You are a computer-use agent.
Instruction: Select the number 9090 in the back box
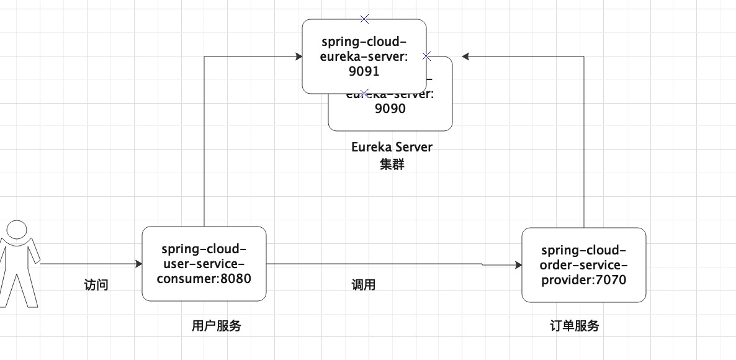point(390,109)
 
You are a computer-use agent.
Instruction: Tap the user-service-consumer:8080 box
point(204,264)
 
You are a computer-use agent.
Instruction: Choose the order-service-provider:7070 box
point(583,265)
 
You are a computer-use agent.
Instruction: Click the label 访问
point(96,285)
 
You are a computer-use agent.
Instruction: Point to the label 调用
point(364,285)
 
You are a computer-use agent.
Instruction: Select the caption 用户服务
point(216,326)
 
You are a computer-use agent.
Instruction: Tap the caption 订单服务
point(575,326)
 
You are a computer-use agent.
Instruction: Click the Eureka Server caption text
point(391,147)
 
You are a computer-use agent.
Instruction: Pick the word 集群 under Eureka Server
point(391,165)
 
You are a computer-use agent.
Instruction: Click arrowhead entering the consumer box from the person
point(138,264)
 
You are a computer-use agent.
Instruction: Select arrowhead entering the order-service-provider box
point(518,265)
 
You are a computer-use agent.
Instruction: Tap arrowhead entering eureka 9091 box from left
point(298,56)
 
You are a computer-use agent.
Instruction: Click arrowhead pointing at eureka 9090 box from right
point(466,56)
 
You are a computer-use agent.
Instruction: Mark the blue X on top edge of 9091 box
point(364,19)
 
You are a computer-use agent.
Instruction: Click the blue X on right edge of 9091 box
point(426,56)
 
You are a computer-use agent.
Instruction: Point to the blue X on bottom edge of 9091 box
point(364,94)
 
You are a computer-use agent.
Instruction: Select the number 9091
point(364,71)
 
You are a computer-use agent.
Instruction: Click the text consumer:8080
point(204,279)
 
